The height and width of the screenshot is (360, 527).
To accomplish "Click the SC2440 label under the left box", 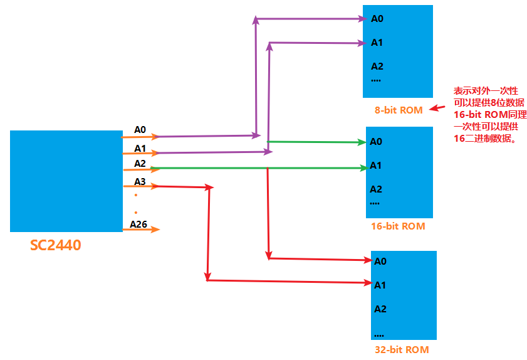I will coord(55,245).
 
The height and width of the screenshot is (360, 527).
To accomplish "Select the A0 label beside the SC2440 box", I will coord(140,130).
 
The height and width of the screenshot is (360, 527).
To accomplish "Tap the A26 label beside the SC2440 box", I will coord(138,224).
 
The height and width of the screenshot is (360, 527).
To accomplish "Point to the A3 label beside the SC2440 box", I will coord(140,182).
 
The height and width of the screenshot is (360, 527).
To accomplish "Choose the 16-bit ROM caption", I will coord(398,226).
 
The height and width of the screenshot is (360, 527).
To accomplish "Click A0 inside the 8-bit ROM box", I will coord(377,19).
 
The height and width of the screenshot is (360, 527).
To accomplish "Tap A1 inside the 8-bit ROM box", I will coord(377,43).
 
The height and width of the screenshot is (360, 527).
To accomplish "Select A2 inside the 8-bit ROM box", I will coord(377,66).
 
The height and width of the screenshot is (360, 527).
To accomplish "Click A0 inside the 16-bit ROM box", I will coord(376,142).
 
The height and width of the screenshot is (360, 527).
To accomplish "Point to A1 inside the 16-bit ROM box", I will coord(376,166).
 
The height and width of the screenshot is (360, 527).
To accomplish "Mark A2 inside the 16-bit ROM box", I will coord(376,189).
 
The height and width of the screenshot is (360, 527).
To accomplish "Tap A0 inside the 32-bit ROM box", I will coord(380,262).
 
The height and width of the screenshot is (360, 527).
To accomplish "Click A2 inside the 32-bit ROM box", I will coord(380,309).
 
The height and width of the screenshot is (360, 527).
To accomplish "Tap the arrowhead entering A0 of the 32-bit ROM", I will coord(366,259).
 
